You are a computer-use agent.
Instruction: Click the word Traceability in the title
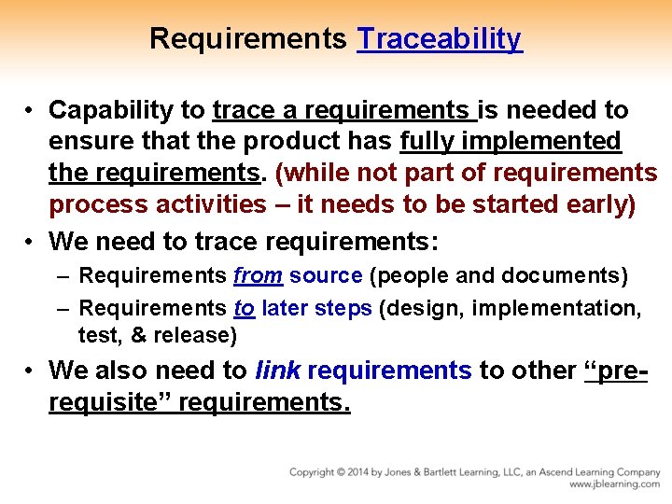point(440,39)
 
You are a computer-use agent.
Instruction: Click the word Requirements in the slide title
point(248,39)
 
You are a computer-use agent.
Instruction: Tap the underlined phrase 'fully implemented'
point(510,141)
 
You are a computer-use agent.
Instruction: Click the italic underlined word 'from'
point(258,276)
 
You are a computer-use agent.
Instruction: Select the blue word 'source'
point(326,276)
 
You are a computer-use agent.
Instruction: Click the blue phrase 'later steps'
point(316,308)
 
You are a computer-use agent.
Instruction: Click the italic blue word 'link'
point(278,371)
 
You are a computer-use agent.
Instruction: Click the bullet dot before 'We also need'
point(31,371)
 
